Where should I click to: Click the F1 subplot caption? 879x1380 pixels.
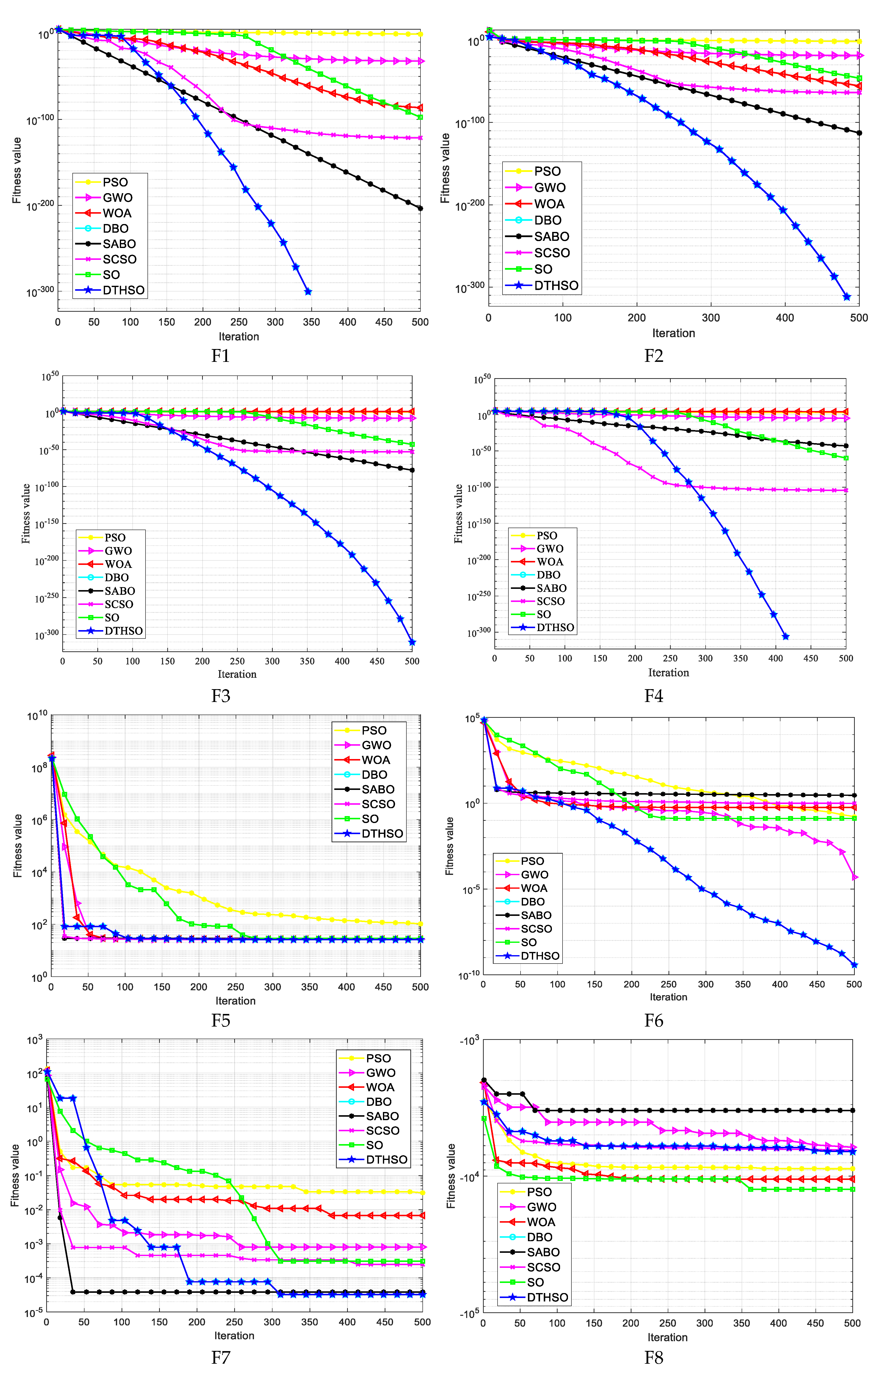point(221,356)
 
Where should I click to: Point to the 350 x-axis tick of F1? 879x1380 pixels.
point(311,322)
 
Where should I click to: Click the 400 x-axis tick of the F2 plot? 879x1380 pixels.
point(785,317)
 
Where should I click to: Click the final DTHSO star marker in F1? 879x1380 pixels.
point(308,292)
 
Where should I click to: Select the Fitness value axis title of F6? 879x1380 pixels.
point(450,845)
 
